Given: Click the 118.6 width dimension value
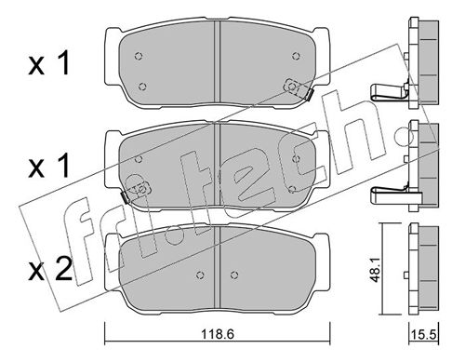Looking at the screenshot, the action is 218,335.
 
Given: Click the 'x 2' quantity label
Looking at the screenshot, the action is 50,269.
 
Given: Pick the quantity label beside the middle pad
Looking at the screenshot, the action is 48,167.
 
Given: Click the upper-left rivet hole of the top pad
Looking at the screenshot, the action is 139,56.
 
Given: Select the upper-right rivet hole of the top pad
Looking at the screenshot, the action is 296,56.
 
